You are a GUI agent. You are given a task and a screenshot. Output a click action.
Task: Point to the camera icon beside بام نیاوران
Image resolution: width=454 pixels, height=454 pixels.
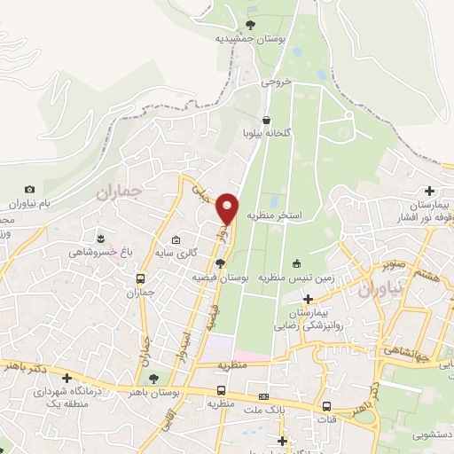click(30, 189)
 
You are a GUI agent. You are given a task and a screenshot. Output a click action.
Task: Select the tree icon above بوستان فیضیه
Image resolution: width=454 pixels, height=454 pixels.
click(220, 262)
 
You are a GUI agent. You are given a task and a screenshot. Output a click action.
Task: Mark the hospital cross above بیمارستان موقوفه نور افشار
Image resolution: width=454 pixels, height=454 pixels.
click(430, 191)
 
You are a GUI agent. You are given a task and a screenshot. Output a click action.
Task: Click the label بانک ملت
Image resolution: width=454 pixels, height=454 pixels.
click(263, 410)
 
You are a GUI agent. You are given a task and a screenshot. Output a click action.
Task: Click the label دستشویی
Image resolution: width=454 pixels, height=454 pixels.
click(432, 435)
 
